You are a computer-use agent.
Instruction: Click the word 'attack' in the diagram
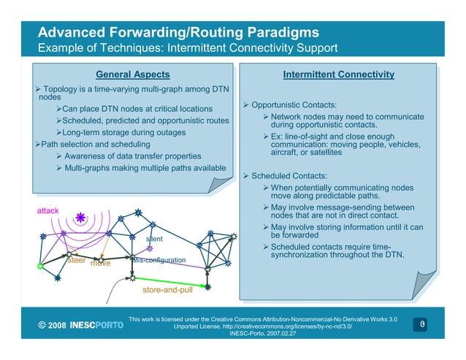[x=48, y=211]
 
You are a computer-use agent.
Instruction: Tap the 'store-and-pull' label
[x=167, y=291]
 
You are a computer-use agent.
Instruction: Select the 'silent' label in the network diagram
[x=154, y=239]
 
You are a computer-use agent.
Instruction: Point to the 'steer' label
[x=77, y=260]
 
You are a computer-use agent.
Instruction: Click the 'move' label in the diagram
[x=100, y=263]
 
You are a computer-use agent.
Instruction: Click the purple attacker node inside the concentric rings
[x=80, y=217]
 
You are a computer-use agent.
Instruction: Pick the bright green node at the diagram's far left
[x=39, y=267]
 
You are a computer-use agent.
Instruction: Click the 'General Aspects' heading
[x=133, y=74]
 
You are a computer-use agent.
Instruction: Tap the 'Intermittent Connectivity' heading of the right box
[x=338, y=74]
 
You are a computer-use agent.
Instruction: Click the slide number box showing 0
[x=421, y=323]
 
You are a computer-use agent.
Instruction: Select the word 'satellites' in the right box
[x=321, y=152]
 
